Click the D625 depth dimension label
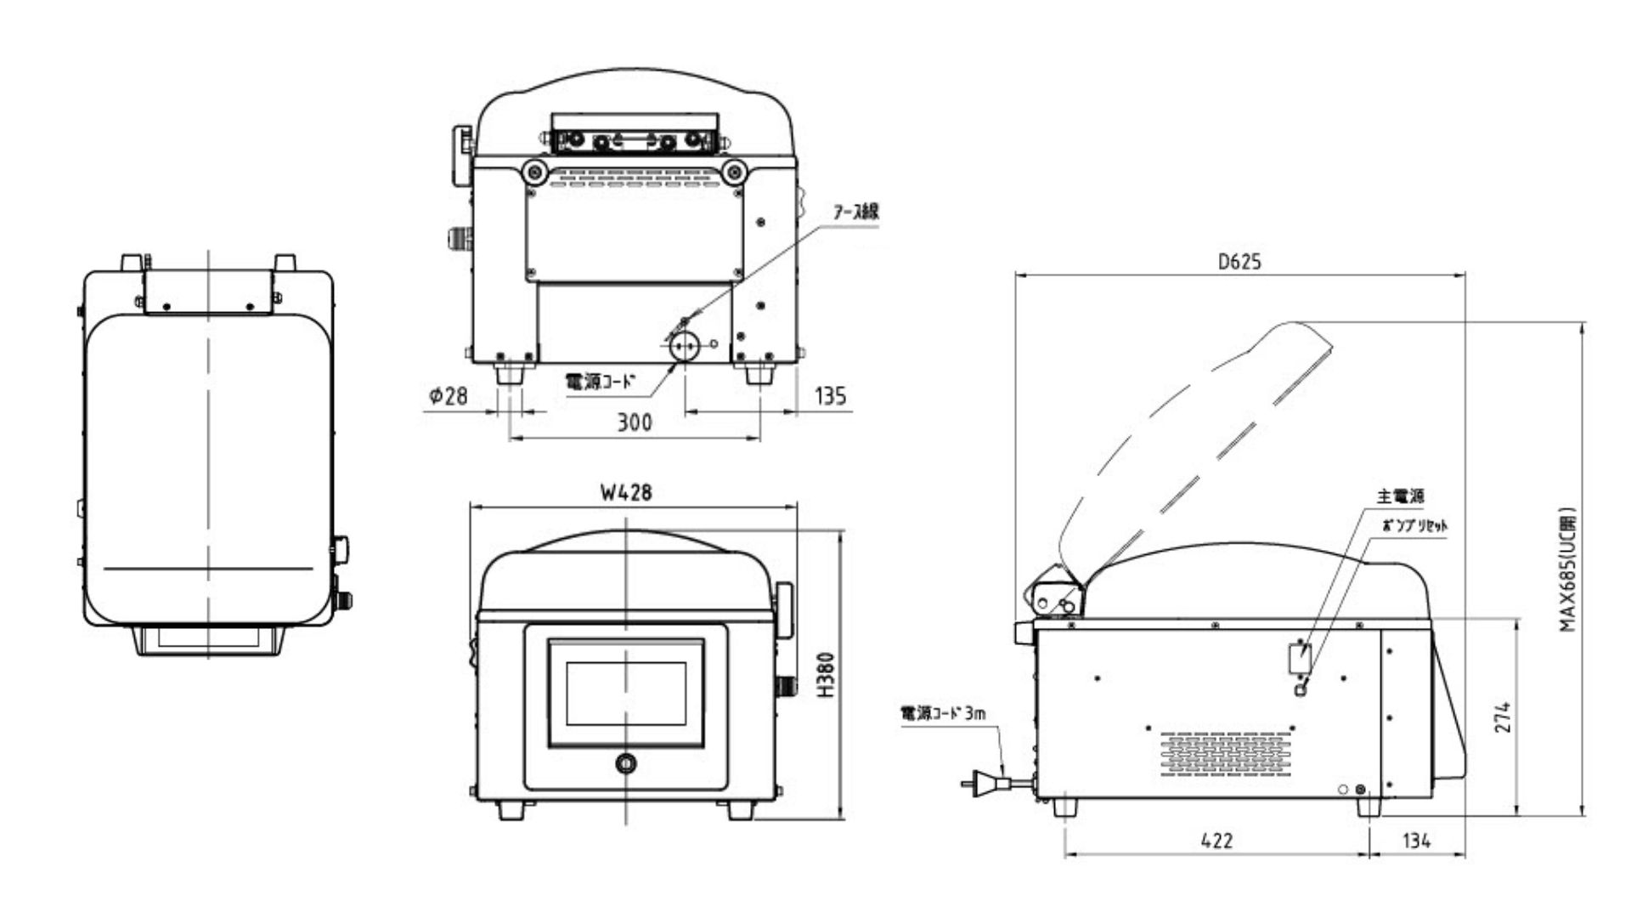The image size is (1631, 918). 1239,262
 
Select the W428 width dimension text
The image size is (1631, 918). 626,492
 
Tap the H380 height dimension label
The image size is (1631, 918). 827,676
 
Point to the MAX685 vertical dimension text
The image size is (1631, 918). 1567,569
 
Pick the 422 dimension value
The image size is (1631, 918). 1216,841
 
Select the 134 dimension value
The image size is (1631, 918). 1416,841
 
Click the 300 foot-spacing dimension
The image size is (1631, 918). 634,422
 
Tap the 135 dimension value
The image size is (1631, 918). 829,395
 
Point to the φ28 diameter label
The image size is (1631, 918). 448,395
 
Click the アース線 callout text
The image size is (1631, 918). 855,212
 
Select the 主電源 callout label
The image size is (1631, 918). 1400,496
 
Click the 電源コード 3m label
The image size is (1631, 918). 943,713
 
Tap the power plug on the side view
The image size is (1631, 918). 984,781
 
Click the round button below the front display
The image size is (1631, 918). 626,763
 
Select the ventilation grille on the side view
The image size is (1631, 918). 1225,755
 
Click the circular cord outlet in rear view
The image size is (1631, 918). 684,345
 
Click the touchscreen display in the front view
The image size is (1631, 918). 626,693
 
